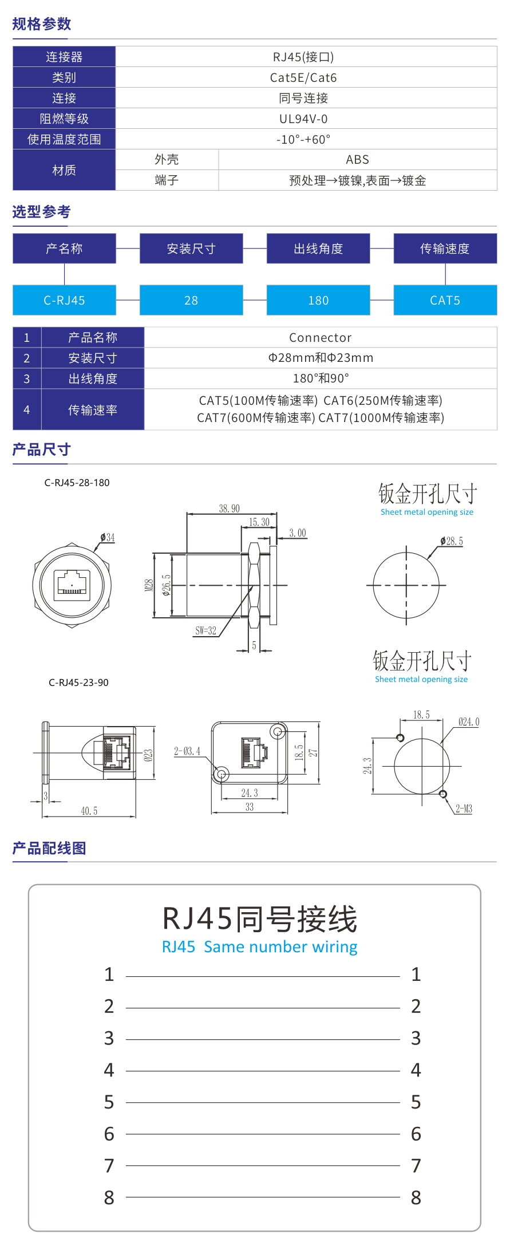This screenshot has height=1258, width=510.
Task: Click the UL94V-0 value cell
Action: (x=303, y=119)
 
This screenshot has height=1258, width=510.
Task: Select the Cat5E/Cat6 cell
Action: (x=303, y=77)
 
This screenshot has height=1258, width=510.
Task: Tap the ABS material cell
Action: (x=357, y=160)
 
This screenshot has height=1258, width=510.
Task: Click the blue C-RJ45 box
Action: (x=64, y=300)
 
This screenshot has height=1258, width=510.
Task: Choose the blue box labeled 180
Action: (x=318, y=300)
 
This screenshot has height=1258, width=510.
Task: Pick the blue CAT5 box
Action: (x=445, y=300)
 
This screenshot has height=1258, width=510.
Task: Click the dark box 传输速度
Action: (x=445, y=249)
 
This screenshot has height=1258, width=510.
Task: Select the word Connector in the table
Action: (x=320, y=337)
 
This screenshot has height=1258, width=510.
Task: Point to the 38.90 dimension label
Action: (x=229, y=508)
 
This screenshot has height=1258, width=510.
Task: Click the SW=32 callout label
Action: (x=205, y=631)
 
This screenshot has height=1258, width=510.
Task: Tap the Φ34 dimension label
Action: (x=107, y=537)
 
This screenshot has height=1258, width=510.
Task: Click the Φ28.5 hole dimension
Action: (x=452, y=541)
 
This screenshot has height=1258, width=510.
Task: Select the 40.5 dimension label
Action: (x=89, y=811)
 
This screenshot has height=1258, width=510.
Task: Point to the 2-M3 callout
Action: (x=464, y=809)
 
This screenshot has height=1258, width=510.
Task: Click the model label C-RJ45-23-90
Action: (x=78, y=683)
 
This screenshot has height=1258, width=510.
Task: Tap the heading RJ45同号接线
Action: (x=260, y=919)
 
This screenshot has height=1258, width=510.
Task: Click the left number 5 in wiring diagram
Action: (x=109, y=1102)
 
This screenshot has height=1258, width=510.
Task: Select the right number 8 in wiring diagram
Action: (x=416, y=1197)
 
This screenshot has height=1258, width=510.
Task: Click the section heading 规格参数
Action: (x=42, y=24)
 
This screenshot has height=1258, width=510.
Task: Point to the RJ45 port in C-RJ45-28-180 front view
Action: (x=72, y=584)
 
